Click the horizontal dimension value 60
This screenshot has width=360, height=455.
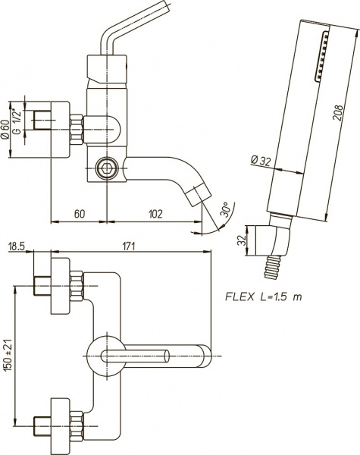tap(79, 214)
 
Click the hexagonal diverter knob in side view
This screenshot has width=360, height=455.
tap(108, 168)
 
